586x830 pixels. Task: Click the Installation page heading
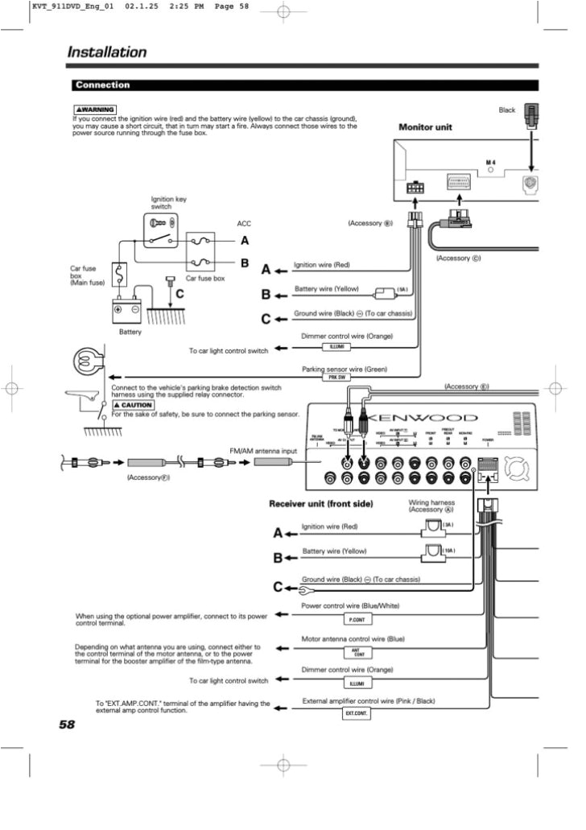pos(106,52)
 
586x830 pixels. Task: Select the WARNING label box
pos(95,109)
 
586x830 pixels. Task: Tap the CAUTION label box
pos(132,405)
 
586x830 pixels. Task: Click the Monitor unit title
pos(425,127)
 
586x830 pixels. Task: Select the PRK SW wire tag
pos(336,377)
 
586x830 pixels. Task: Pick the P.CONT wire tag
pos(357,620)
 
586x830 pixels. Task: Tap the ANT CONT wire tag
pos(357,652)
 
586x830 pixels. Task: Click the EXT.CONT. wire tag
pos(357,714)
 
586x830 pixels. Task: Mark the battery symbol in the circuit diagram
pos(126,310)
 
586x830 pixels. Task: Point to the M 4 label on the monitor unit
pos(490,163)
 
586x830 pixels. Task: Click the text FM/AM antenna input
pos(263,451)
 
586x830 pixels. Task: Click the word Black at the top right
pos(506,110)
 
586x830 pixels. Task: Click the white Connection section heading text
pos(102,85)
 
